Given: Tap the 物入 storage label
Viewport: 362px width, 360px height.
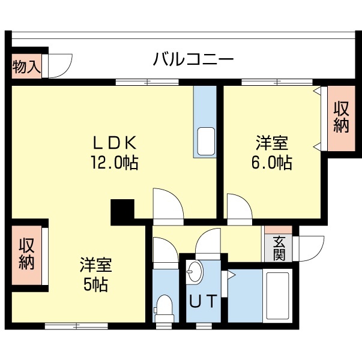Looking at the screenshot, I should [x=26, y=66].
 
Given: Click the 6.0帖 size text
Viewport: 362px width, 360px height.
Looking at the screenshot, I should [x=272, y=162].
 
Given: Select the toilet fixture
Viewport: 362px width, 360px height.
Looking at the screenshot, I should [x=163, y=306].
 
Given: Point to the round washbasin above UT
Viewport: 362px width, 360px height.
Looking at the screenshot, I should [x=195, y=274].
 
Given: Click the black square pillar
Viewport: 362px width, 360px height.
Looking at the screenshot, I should [x=122, y=211].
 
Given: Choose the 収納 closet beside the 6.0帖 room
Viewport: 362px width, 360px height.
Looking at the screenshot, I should [x=341, y=118].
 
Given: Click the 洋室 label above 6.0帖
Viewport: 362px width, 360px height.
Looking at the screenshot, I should [x=272, y=143].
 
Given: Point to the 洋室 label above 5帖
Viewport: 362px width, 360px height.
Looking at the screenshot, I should [x=95, y=265].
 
